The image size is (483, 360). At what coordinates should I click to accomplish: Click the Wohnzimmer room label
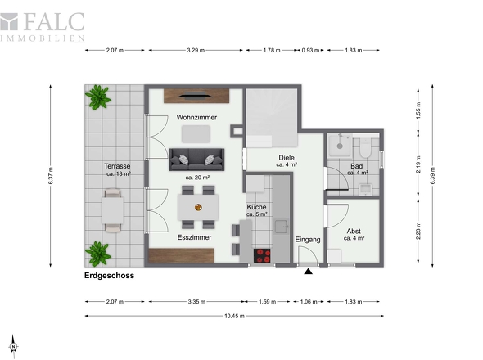(x=196, y=117)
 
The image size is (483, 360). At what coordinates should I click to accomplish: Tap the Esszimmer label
(x=194, y=237)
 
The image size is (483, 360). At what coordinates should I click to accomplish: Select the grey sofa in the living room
(x=196, y=160)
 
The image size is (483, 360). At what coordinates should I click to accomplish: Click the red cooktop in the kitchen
(x=262, y=255)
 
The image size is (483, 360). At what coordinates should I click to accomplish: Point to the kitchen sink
(x=282, y=227)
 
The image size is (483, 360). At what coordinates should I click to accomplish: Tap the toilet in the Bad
(x=366, y=147)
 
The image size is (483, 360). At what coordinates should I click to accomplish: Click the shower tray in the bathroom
(x=340, y=146)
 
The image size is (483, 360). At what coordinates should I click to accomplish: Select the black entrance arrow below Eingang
(x=309, y=272)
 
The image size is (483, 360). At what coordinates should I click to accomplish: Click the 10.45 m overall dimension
(x=234, y=316)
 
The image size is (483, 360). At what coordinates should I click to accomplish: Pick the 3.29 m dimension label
(x=196, y=50)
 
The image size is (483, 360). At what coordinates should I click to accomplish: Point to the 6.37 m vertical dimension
(x=51, y=176)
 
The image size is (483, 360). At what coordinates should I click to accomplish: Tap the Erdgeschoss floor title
(x=110, y=276)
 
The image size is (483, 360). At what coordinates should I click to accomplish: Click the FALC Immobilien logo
(x=43, y=27)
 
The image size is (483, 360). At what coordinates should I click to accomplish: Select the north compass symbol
(x=14, y=346)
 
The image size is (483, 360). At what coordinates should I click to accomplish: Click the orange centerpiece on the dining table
(x=198, y=207)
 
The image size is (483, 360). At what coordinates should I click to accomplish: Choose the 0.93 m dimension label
(x=310, y=50)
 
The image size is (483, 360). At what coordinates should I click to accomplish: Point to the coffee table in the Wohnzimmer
(x=196, y=134)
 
